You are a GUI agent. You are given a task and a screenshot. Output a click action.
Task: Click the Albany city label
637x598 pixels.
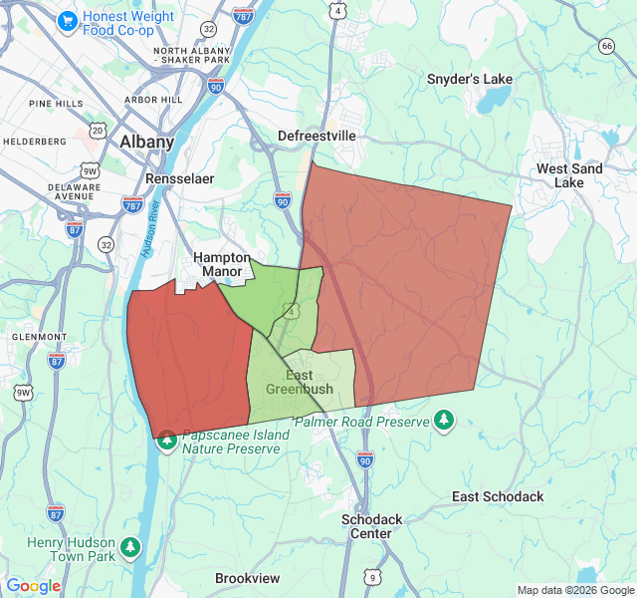pyautogui.click(x=146, y=142)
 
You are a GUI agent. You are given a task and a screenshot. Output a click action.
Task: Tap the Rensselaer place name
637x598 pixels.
pyautogui.click(x=179, y=178)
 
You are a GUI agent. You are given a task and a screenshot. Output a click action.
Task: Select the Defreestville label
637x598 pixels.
pyautogui.click(x=317, y=136)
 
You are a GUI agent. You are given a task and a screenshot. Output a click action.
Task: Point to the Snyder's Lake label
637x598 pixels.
pyautogui.click(x=470, y=79)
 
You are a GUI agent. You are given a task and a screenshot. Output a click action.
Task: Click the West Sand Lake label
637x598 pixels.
pyautogui.click(x=569, y=175)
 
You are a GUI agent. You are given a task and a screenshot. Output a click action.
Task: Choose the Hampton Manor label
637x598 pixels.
pyautogui.click(x=221, y=264)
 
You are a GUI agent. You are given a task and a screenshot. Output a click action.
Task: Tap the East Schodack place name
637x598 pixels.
pyautogui.click(x=498, y=496)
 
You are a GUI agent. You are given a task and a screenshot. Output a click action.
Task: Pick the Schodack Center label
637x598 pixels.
pyautogui.click(x=371, y=526)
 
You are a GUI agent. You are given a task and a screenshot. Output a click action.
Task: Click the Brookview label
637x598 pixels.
pyautogui.click(x=247, y=578)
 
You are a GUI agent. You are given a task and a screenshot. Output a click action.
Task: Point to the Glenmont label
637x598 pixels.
pyautogui.click(x=39, y=337)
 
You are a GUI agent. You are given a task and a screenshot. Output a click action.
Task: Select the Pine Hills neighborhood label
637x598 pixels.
pyautogui.click(x=56, y=104)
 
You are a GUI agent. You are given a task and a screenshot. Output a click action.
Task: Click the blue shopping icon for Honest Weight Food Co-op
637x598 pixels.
pyautogui.click(x=67, y=20)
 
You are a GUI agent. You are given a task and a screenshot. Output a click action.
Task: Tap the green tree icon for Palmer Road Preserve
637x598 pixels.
pyautogui.click(x=444, y=422)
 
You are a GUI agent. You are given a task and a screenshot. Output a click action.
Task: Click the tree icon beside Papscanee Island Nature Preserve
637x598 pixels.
pyautogui.click(x=167, y=440)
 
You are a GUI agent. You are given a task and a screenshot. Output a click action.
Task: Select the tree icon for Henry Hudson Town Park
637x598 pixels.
pyautogui.click(x=129, y=546)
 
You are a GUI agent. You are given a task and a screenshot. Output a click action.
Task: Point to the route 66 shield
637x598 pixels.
pyautogui.click(x=607, y=45)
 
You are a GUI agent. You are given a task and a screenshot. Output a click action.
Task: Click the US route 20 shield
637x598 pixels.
pyautogui.click(x=97, y=131)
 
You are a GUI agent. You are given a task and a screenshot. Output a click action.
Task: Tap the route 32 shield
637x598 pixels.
pyautogui.click(x=106, y=244)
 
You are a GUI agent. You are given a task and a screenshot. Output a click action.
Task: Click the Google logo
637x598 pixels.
pyautogui.click(x=33, y=586)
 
